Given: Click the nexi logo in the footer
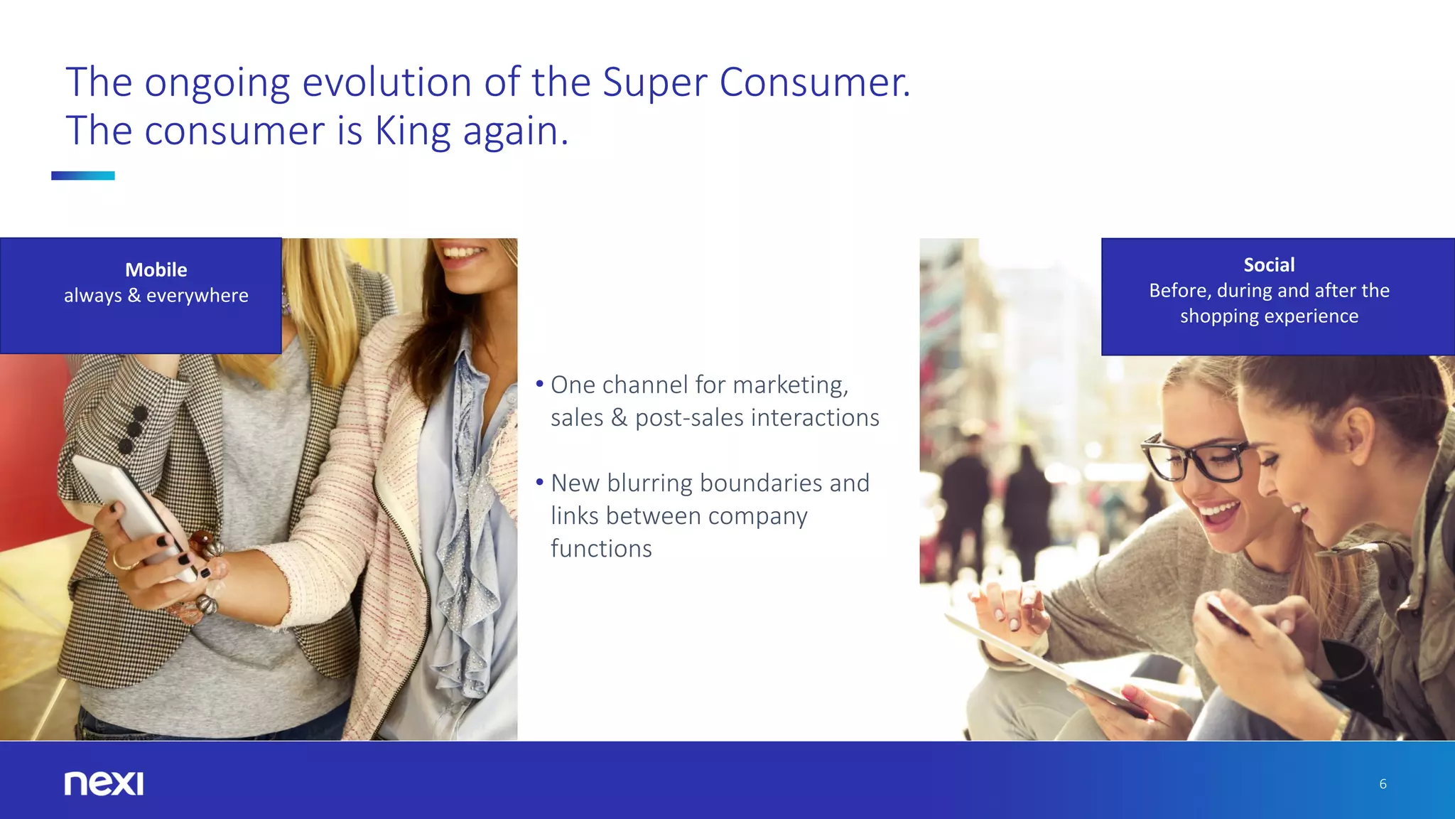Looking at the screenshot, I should pos(104,783).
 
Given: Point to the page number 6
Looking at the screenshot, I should pos(1383,784).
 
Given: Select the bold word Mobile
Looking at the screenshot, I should pos(156,270).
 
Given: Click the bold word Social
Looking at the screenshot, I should pos(1269,265).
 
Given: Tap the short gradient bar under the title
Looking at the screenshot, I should pos(82,176).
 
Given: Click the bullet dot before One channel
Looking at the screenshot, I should pos(540,385).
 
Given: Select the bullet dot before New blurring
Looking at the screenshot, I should pos(540,483).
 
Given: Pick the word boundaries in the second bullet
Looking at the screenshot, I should pos(761,483).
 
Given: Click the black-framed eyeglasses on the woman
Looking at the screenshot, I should pos(1194,459).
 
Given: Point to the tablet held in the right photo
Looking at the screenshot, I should pos(1044,658).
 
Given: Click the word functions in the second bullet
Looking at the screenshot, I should pos(601,549).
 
